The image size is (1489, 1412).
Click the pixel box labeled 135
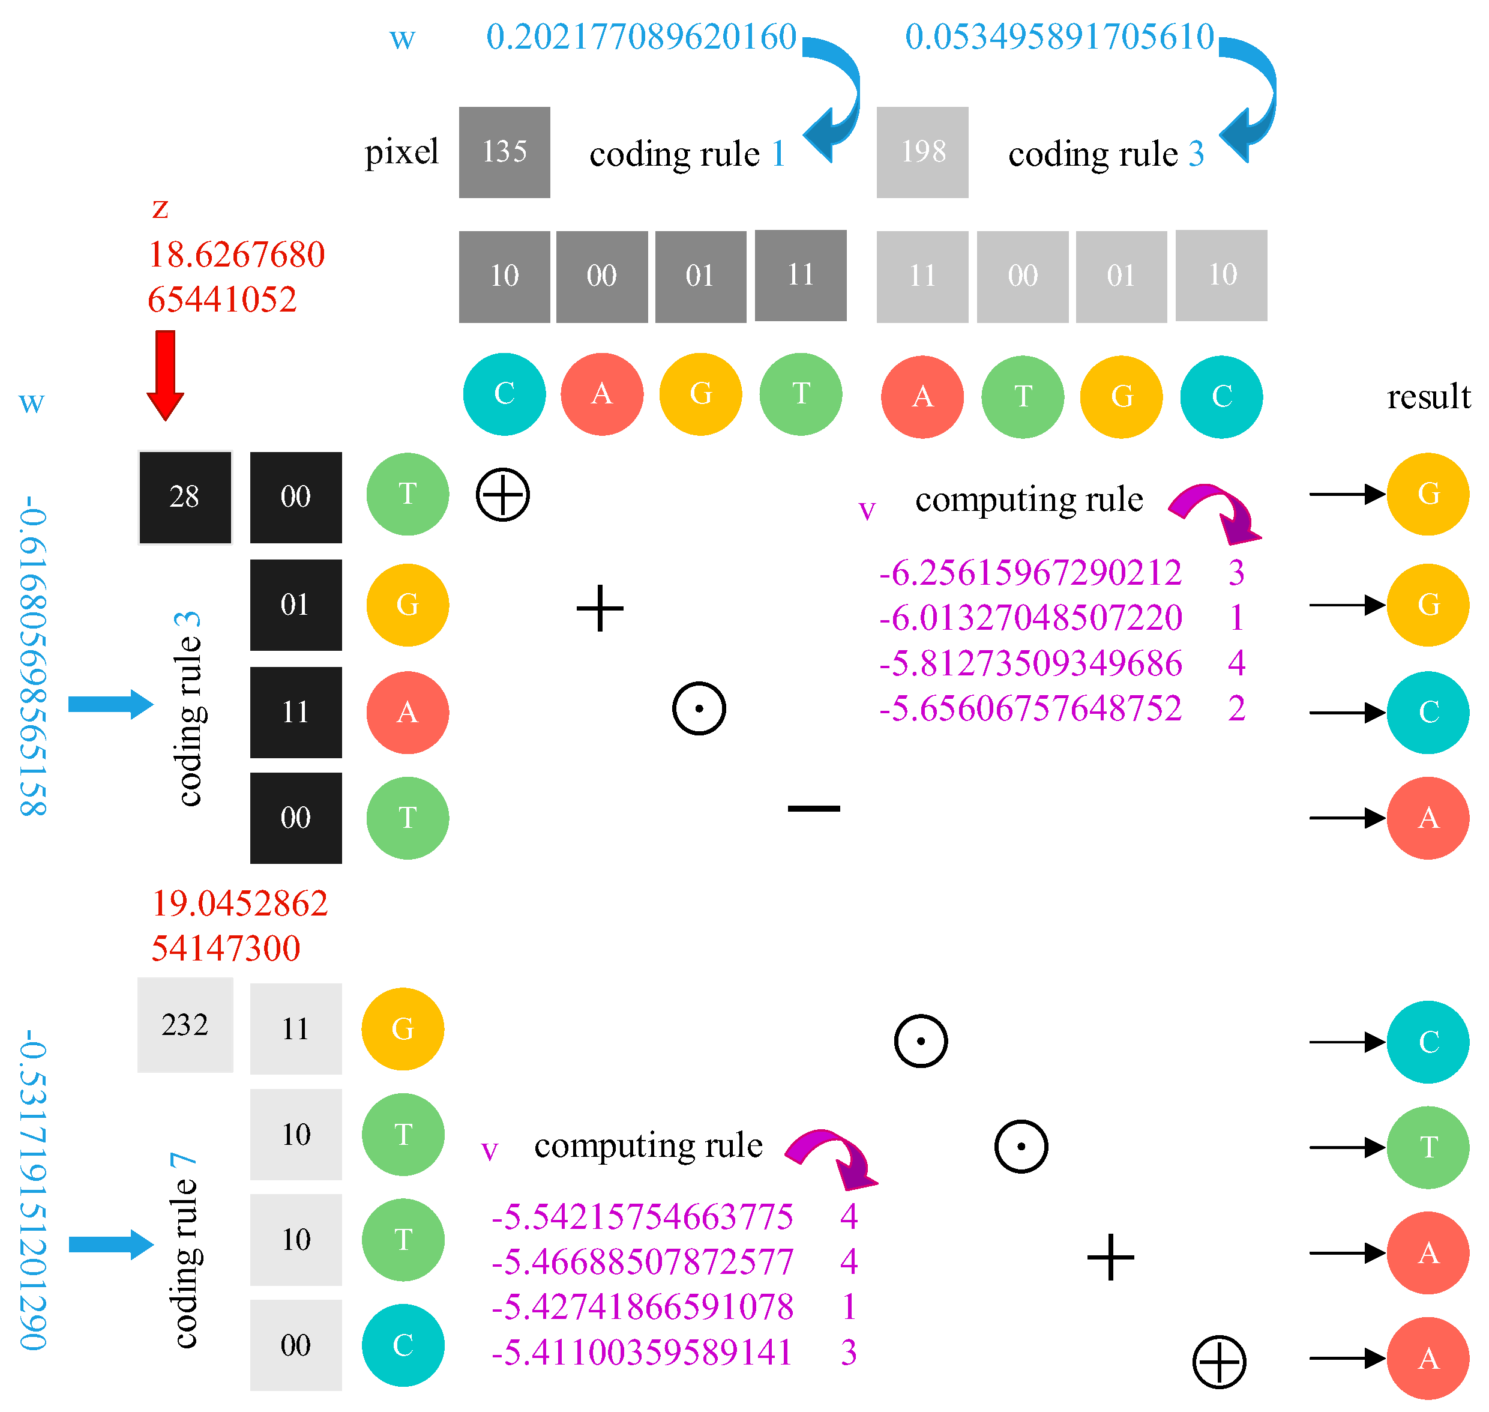click(x=504, y=152)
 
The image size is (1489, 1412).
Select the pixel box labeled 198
click(x=922, y=152)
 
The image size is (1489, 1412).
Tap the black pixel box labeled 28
click(x=185, y=496)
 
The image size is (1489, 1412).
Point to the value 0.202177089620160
click(x=640, y=37)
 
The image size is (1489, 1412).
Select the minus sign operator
click(x=813, y=809)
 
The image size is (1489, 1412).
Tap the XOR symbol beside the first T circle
click(x=502, y=495)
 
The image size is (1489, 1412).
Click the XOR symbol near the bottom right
click(x=1219, y=1361)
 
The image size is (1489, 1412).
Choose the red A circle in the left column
click(x=407, y=712)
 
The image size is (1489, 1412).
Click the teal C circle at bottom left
click(x=403, y=1345)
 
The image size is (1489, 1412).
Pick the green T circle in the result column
click(x=1427, y=1147)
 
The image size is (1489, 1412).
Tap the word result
click(x=1428, y=397)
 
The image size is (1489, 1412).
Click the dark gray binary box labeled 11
click(x=801, y=276)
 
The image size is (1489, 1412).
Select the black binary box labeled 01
click(x=296, y=605)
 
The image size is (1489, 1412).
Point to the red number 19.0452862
click(x=239, y=903)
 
